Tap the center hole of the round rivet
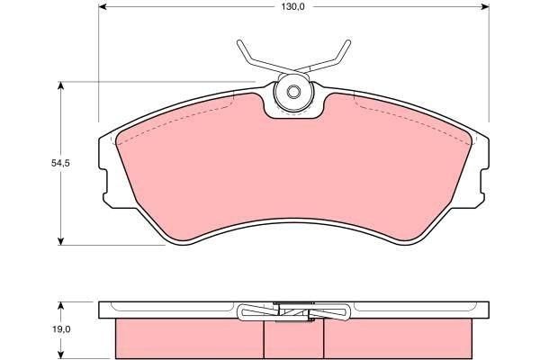[x=292, y=93]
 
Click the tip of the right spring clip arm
[x=345, y=42]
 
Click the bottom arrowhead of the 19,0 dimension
[x=60, y=354]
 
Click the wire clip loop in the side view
[x=252, y=312]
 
